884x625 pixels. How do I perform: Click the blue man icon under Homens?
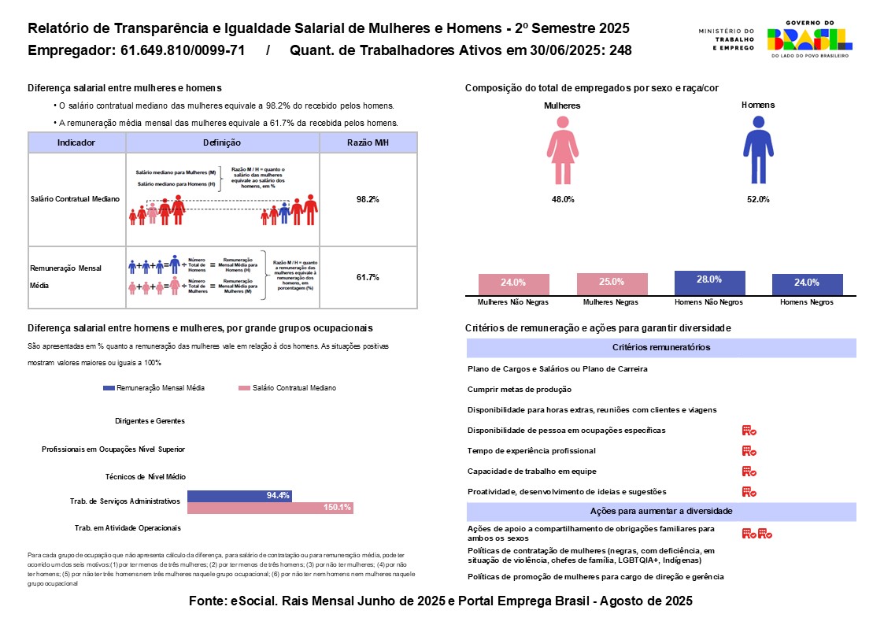[757, 149]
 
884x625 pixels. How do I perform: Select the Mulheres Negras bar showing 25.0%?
[612, 283]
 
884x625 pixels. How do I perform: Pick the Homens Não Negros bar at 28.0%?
[709, 282]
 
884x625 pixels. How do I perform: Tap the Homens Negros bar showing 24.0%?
[807, 284]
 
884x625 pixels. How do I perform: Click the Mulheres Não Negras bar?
[513, 284]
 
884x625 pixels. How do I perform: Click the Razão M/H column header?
[368, 142]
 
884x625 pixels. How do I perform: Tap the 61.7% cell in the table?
[368, 277]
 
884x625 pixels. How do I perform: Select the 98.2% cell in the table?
[368, 200]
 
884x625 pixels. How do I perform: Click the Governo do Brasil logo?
[809, 39]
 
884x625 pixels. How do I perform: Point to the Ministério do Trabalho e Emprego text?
[726, 39]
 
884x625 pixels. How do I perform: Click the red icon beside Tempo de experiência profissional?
[749, 451]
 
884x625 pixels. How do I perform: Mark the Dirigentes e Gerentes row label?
[150, 421]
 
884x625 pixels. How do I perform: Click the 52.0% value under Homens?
[757, 200]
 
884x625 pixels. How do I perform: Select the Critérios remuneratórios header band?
[661, 348]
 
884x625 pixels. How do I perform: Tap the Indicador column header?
[76, 142]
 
